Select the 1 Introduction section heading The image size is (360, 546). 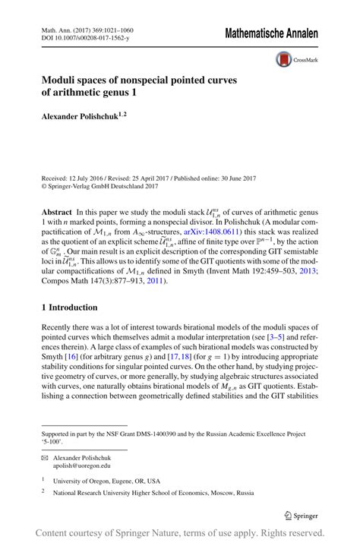coord(69,308)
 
